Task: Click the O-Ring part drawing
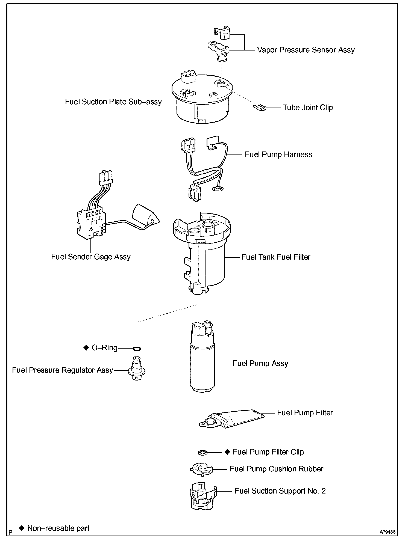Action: point(137,348)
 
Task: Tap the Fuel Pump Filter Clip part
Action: point(202,453)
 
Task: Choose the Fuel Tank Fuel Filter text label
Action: point(276,257)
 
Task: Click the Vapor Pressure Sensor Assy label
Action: point(306,50)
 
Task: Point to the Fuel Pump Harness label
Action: point(278,154)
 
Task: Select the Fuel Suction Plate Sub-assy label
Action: point(113,102)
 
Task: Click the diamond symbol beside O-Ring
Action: point(86,347)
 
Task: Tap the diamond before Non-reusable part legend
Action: point(22,528)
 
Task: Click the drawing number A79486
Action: point(387,532)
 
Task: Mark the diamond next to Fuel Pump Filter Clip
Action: point(227,452)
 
